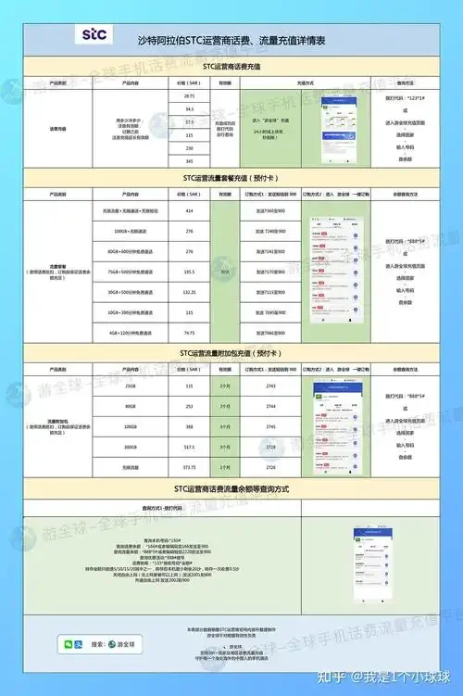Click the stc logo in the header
pos(94,36)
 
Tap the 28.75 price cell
pos(189,96)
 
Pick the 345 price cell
pos(189,161)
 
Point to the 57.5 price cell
pos(189,122)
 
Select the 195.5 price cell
pos(189,272)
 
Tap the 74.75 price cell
pos(189,332)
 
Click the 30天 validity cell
pos(225,272)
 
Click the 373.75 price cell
pos(189,466)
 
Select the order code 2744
pos(270,406)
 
